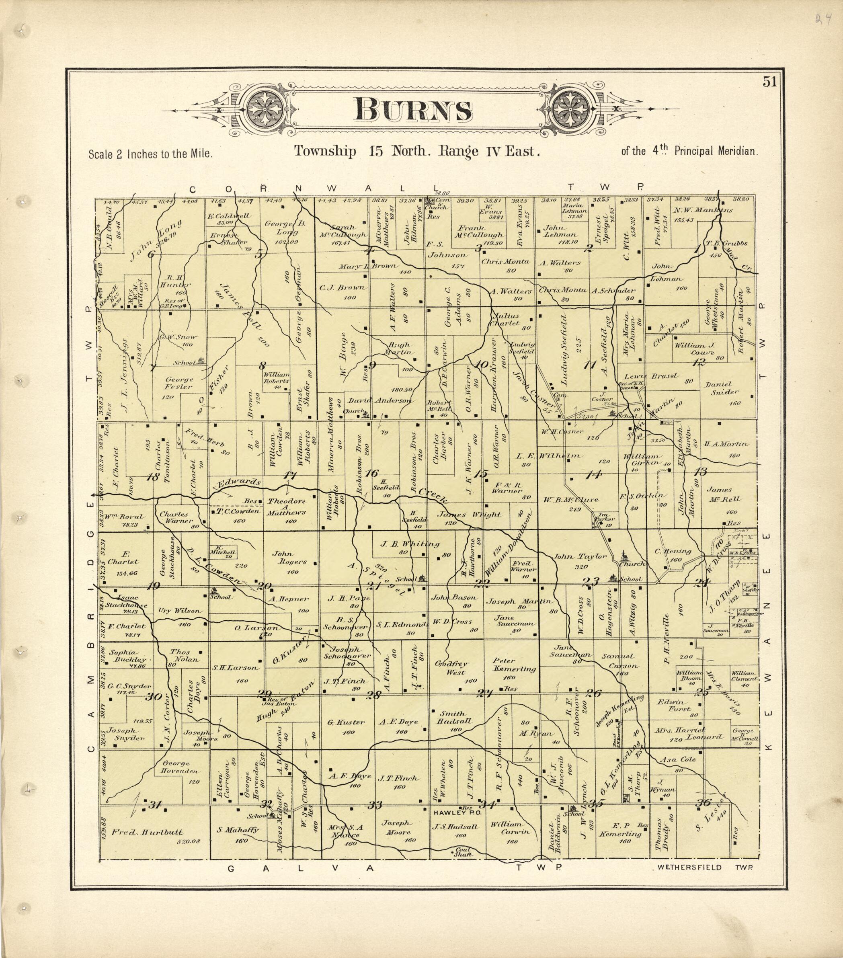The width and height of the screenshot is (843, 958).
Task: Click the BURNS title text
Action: [x=413, y=110]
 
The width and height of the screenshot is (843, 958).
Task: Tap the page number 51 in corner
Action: [x=769, y=82]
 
